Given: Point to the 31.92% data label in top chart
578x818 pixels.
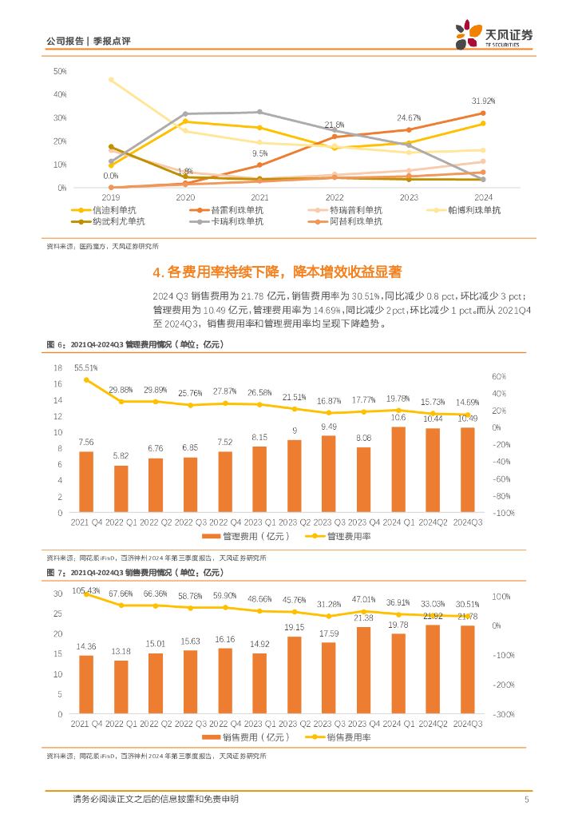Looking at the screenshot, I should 484,101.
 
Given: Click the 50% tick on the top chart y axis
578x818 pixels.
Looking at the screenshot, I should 60,71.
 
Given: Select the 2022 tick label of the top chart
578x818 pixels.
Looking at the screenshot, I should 335,197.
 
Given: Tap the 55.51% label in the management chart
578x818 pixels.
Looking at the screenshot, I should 85,368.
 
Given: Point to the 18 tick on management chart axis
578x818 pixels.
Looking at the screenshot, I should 57,368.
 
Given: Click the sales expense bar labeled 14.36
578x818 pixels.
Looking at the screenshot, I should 85,685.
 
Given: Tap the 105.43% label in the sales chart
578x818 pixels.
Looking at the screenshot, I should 85,590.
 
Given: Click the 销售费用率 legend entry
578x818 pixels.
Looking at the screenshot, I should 348,737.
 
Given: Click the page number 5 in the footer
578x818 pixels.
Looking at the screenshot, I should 526,799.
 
